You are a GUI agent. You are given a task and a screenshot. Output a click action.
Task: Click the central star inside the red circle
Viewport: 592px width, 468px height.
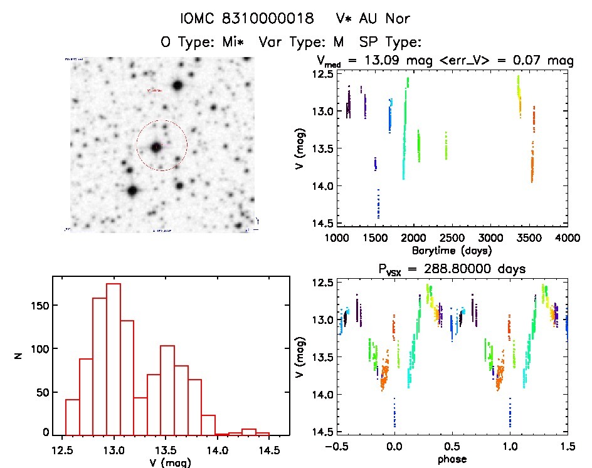tap(156, 147)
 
